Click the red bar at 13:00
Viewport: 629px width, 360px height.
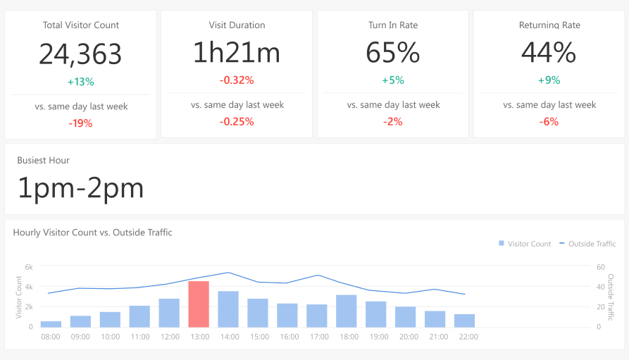pyautogui.click(x=199, y=304)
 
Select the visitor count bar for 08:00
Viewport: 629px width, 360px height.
pyautogui.click(x=51, y=324)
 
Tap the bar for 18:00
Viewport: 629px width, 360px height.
pyautogui.click(x=346, y=311)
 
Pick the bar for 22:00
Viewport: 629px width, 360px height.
pyautogui.click(x=464, y=321)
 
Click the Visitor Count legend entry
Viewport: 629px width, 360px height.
pyautogui.click(x=525, y=244)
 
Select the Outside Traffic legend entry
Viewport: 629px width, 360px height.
pyautogui.click(x=587, y=244)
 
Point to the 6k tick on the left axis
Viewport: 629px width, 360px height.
pyautogui.click(x=29, y=267)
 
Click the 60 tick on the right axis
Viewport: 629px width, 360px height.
pyautogui.click(x=600, y=267)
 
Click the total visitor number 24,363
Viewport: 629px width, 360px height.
pyautogui.click(x=80, y=54)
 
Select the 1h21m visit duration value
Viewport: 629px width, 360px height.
pyautogui.click(x=236, y=54)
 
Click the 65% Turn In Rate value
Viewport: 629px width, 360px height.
pyautogui.click(x=392, y=54)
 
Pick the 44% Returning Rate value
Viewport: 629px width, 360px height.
pyautogui.click(x=549, y=54)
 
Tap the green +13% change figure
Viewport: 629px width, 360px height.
pyautogui.click(x=80, y=82)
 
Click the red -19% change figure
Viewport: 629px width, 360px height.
pyautogui.click(x=80, y=123)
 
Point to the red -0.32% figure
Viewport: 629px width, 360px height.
pyautogui.click(x=236, y=80)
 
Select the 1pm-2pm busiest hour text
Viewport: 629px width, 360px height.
pyautogui.click(x=80, y=188)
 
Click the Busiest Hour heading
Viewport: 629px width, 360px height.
pyautogui.click(x=44, y=161)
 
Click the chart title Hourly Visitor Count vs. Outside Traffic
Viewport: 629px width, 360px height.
pyautogui.click(x=92, y=232)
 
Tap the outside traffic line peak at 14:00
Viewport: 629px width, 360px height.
pyautogui.click(x=228, y=273)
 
